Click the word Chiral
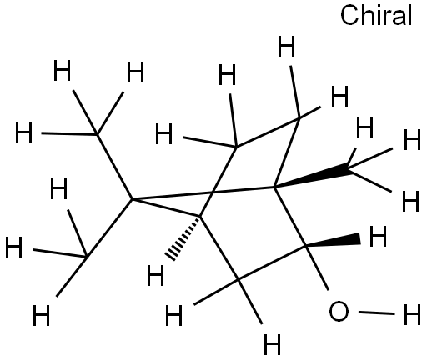376,15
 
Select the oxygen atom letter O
339,312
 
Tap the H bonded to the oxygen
412,314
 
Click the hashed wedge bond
183,238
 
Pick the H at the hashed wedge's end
155,275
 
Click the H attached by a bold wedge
378,236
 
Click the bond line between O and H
377,313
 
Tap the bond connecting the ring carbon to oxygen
317,267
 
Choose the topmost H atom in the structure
286,47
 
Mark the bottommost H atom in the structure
272,344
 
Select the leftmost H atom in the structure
13,247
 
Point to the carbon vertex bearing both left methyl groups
133,199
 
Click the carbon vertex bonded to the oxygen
306,246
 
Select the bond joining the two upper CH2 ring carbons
268,132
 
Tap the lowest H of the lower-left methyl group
41,315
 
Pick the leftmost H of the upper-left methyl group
23,133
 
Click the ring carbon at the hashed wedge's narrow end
199,216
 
